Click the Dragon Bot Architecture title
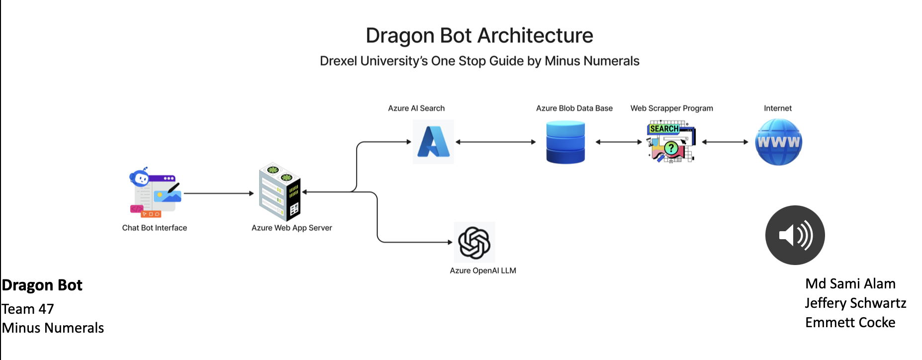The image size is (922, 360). [x=479, y=36]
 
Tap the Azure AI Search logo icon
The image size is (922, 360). [x=433, y=142]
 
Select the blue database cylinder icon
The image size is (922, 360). [x=565, y=142]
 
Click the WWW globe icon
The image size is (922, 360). [x=778, y=142]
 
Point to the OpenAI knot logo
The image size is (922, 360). [x=474, y=243]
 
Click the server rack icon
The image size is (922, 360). [x=279, y=192]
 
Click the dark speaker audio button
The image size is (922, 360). [x=795, y=235]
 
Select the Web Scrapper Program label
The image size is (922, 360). [x=671, y=108]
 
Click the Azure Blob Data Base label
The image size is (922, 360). [x=574, y=108]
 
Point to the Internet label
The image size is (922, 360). [x=778, y=108]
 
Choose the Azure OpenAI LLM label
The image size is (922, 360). [x=483, y=270]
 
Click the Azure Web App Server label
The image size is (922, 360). [x=291, y=228]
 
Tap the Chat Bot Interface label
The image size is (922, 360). [x=155, y=228]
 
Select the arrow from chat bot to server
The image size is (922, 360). [x=219, y=193]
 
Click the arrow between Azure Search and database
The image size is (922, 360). [x=495, y=142]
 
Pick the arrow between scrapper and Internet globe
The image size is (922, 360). [x=725, y=142]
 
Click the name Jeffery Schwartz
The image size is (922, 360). [x=855, y=303]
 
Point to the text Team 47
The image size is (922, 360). [x=28, y=309]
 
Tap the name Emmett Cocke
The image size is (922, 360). [x=850, y=322]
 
